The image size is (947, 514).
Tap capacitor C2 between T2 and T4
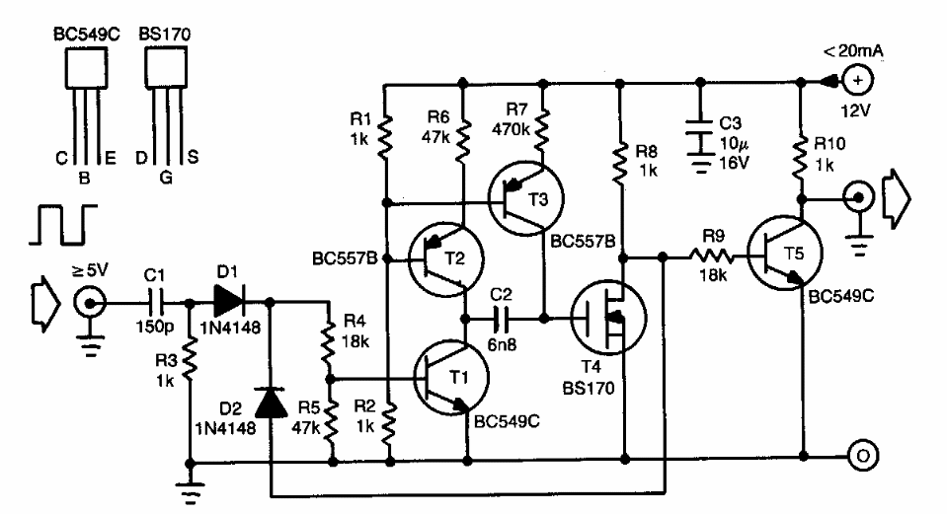click(x=504, y=319)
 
